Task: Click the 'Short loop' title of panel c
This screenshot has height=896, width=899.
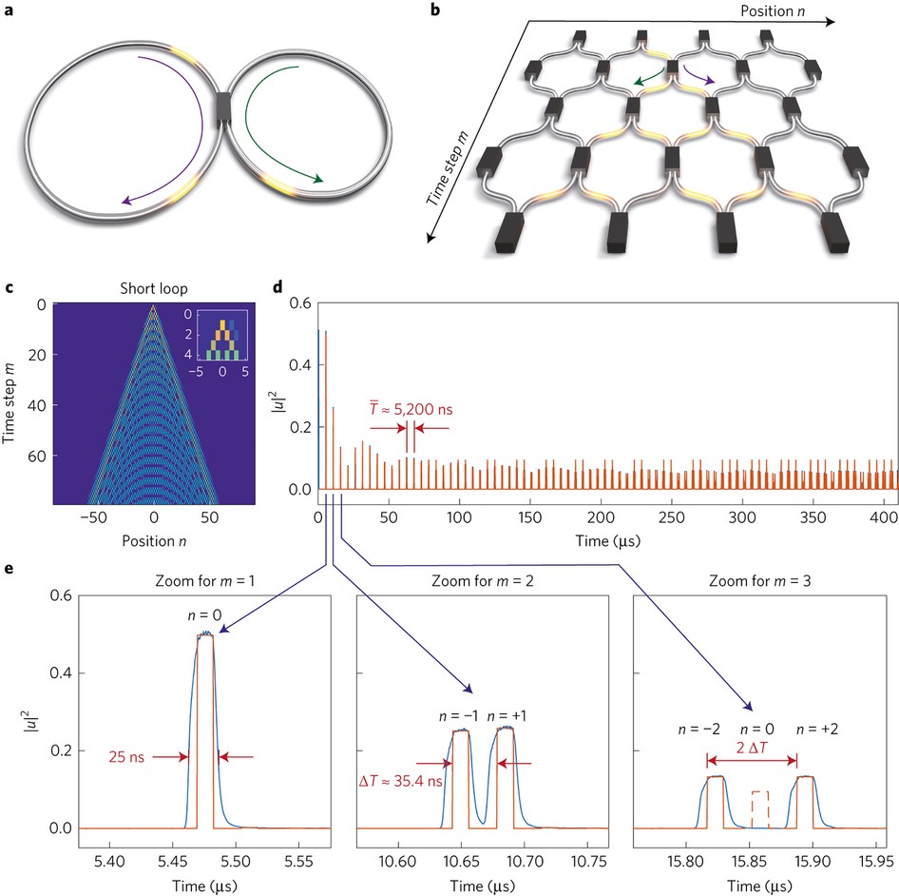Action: pos(153,290)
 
